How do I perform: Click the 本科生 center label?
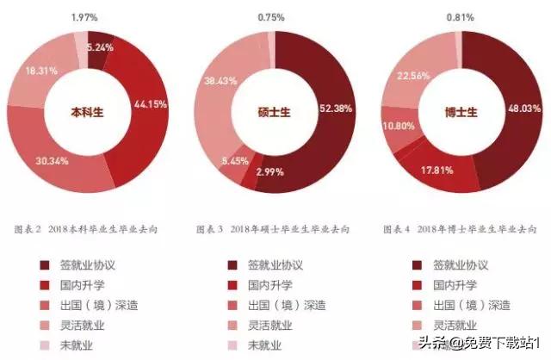tap(88, 112)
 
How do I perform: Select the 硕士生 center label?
tap(274, 112)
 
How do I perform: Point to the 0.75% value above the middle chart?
tap(274, 16)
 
